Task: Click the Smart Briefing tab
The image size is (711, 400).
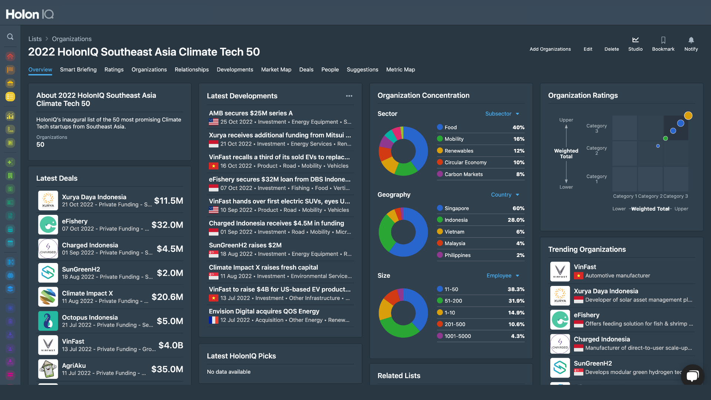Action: tap(78, 70)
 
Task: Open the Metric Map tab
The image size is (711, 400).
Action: tap(400, 70)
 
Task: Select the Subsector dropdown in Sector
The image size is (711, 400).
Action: tap(502, 114)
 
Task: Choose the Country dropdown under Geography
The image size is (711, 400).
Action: tap(505, 195)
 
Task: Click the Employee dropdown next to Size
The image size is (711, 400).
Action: tap(503, 276)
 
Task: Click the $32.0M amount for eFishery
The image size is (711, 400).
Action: tap(167, 225)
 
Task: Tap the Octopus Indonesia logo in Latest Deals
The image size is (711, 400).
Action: tap(48, 321)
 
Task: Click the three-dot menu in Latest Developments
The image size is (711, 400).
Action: tap(349, 96)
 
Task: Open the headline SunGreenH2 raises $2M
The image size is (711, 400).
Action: tap(245, 245)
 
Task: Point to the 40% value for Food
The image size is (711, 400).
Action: tap(518, 127)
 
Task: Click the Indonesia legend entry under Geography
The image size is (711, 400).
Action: tap(455, 220)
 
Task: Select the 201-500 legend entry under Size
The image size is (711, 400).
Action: tap(454, 324)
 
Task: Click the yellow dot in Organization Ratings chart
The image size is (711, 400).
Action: tap(688, 116)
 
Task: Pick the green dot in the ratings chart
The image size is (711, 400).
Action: tap(665, 139)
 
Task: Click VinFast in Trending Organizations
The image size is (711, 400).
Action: tap(585, 267)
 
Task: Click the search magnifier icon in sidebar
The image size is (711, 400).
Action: tap(10, 37)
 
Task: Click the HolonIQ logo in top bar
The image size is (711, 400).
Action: tap(30, 14)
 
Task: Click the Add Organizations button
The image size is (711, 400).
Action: tap(550, 49)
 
